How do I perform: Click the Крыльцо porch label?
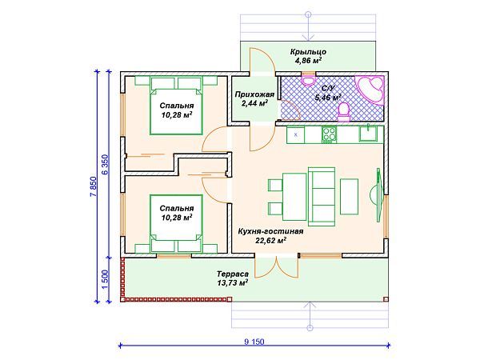tap(308, 52)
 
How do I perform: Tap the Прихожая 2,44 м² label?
tap(254, 98)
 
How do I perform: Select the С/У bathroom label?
tap(329, 89)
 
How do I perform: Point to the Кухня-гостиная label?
tap(271, 231)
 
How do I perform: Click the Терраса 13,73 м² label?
tap(233, 278)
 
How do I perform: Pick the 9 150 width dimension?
tap(254, 342)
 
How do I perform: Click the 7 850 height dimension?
tap(94, 186)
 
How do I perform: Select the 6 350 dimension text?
tap(105, 164)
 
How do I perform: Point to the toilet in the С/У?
tap(344, 112)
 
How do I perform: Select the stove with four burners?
tap(329, 134)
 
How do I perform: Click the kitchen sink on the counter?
tap(369, 133)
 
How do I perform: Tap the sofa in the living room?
tap(322, 194)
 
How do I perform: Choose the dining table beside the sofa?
tap(294, 197)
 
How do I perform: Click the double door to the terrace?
tap(277, 267)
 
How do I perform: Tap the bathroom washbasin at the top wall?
tap(308, 79)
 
